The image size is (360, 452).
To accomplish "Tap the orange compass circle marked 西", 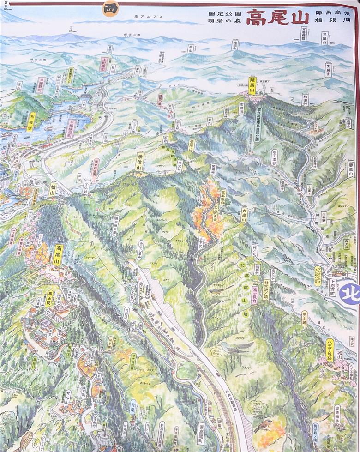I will (111, 8).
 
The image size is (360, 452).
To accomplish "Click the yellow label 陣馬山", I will (252, 86).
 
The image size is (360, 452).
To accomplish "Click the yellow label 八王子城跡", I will (330, 350).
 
